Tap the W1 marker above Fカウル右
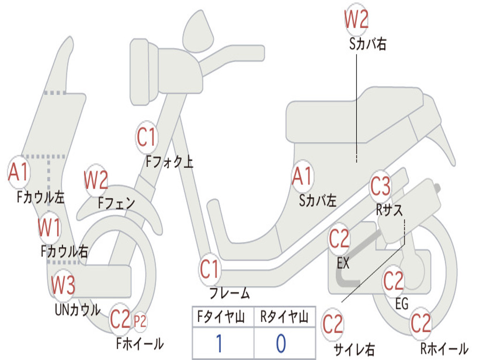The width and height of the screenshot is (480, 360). pyautogui.click(x=49, y=228)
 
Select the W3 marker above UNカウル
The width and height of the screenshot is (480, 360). pyautogui.click(x=63, y=285)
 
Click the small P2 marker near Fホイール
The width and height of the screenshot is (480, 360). pyautogui.click(x=140, y=322)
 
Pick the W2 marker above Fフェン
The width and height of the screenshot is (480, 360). pyautogui.click(x=96, y=180)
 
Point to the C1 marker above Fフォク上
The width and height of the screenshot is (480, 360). pyautogui.click(x=146, y=137)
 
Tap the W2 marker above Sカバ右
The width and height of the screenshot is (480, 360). pyautogui.click(x=356, y=20)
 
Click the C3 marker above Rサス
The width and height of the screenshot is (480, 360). pyautogui.click(x=381, y=187)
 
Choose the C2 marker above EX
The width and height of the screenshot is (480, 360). pyautogui.click(x=339, y=240)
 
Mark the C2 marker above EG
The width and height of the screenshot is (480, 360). pyautogui.click(x=394, y=281)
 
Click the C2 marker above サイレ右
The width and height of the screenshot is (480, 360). pyautogui.click(x=333, y=324)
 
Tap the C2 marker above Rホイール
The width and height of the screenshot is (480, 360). pyautogui.click(x=420, y=323)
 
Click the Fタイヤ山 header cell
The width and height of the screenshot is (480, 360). pyautogui.click(x=223, y=318)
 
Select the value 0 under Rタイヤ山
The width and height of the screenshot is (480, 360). pyautogui.click(x=281, y=344)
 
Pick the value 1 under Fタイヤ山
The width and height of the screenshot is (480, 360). pyautogui.click(x=219, y=344)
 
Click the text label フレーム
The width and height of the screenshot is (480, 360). pyautogui.click(x=230, y=294)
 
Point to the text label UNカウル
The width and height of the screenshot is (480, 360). pyautogui.click(x=78, y=310)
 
